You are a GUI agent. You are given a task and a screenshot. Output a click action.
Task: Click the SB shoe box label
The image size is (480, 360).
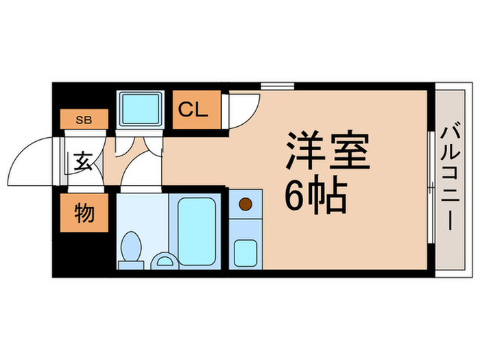(84, 120)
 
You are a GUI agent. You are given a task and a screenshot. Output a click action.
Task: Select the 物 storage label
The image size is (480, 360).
(84, 215)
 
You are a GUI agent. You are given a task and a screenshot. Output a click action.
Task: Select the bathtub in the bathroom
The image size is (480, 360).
(197, 230)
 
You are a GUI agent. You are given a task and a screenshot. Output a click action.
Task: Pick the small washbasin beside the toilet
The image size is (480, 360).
(163, 260)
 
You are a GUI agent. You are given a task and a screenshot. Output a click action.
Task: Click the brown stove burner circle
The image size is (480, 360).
(245, 203)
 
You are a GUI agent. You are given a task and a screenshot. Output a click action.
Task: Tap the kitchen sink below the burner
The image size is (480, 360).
(244, 252)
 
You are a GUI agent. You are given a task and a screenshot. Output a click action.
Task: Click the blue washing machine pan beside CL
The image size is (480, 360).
(141, 108)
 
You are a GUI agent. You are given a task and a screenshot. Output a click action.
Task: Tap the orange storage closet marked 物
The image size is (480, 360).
(84, 214)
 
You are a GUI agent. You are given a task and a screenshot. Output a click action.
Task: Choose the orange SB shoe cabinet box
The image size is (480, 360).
(84, 120)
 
